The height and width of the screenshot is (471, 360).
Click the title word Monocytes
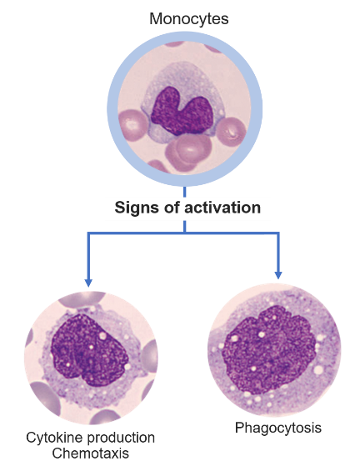[x=189, y=18]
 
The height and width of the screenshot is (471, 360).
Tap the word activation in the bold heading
[x=222, y=208]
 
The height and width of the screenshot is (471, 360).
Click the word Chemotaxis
[x=90, y=453]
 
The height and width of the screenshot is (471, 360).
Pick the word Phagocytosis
[x=278, y=428]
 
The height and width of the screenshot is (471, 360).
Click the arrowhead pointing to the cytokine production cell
[x=88, y=283]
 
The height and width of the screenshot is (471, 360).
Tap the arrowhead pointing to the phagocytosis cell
[x=278, y=275]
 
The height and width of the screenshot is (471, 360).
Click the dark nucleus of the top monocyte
[x=182, y=112]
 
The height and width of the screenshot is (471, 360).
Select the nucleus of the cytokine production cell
[x=89, y=350]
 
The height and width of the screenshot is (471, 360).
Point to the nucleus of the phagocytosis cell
[x=268, y=349]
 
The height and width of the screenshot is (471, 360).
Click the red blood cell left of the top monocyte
[x=133, y=124]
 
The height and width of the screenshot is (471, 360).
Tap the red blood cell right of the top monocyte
[x=231, y=133]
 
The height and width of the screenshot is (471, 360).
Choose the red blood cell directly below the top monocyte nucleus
[x=188, y=152]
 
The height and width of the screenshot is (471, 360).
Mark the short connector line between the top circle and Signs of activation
[x=184, y=192]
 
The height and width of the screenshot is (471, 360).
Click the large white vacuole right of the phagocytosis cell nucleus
[x=318, y=370]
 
